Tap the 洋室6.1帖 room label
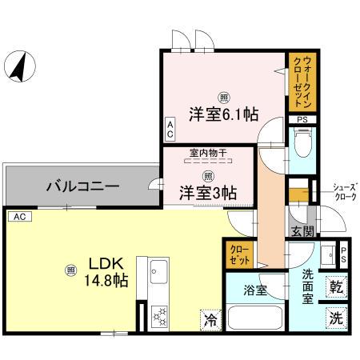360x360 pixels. (x=223, y=114)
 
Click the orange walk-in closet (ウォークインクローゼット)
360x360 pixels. (x=301, y=82)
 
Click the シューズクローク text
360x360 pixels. (x=345, y=192)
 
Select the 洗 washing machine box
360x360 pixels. (x=336, y=316)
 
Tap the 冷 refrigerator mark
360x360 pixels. (x=209, y=319)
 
